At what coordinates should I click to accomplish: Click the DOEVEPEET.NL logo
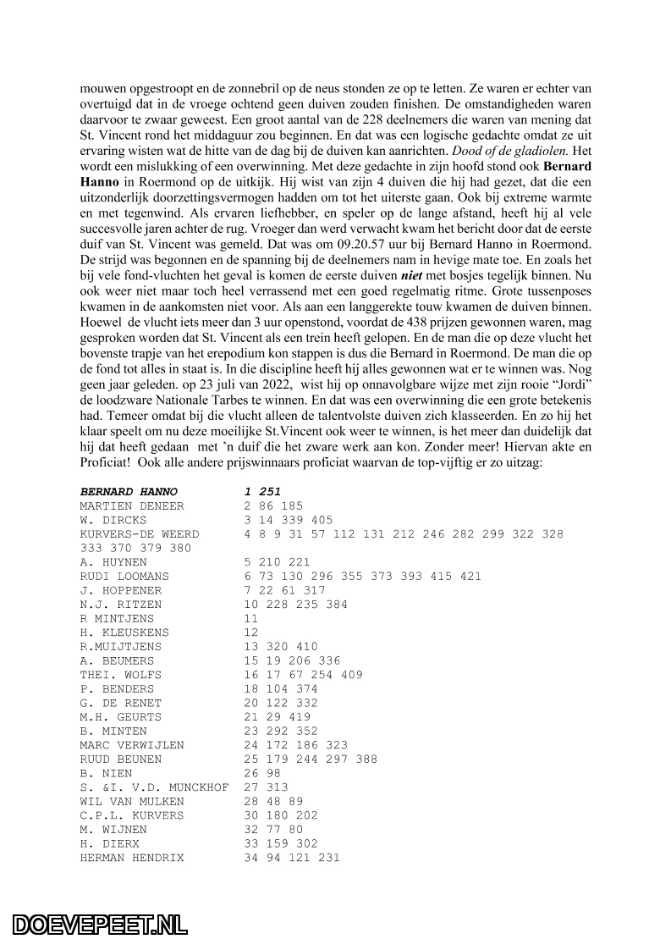tap(100, 924)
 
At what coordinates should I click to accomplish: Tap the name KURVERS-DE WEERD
tap(140, 533)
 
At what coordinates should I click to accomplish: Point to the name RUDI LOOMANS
tap(124, 576)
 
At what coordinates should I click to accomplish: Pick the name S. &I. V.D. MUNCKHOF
tap(154, 787)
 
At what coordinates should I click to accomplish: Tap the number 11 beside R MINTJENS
tap(250, 618)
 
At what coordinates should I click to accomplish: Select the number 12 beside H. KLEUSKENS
tap(250, 632)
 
